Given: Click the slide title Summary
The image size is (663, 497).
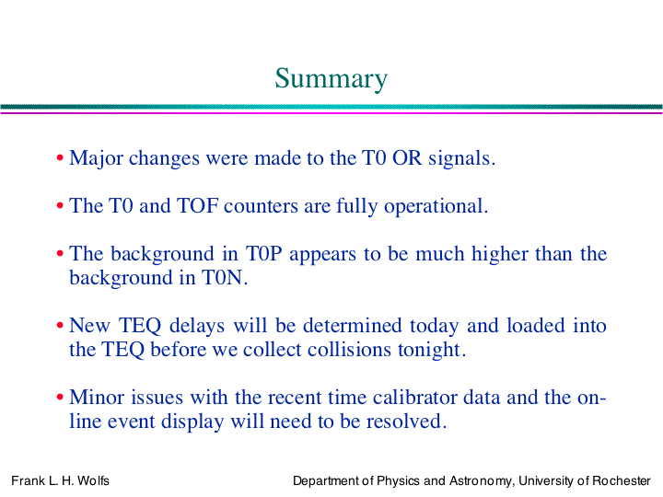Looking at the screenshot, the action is pos(331,79).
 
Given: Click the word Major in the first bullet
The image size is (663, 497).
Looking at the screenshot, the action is pos(96,159).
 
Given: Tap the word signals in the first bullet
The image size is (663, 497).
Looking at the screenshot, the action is pos(461,159).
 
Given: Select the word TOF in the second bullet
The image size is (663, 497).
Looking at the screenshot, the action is pos(197,206).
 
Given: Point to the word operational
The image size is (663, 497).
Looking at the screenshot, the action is pos(436,207).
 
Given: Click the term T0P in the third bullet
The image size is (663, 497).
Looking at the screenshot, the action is pos(264,254).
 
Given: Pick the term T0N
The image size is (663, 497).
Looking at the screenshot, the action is pos(224,278).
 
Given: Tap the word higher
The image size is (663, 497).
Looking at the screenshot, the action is pos(500,254).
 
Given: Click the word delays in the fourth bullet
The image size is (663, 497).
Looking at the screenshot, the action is pos(197,326).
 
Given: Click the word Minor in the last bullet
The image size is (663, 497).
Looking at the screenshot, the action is pos(97,398).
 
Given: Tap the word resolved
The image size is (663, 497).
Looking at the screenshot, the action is pos(406,422).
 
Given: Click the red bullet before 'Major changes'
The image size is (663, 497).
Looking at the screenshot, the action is pos(60,158).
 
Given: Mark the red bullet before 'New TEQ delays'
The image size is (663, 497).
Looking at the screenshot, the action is pos(60,326).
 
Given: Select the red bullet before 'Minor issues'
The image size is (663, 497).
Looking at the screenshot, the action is pos(60,398).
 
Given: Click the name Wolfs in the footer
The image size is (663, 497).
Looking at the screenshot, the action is pos(93,481).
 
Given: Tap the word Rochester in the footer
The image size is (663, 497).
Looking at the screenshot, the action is pos(622,481).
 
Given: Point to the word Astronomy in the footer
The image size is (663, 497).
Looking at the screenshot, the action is pos(481,481).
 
